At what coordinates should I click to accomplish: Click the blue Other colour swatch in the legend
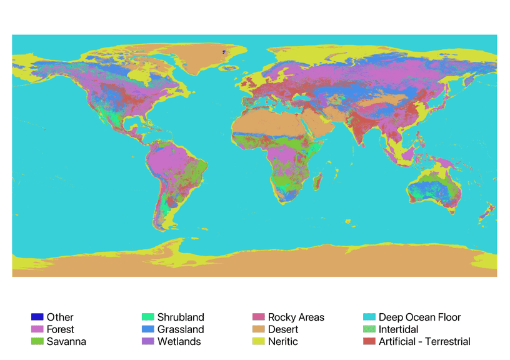point(37,317)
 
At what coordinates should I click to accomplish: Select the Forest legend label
point(60,329)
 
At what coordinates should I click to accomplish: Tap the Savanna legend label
point(66,341)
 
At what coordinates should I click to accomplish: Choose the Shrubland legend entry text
point(181,317)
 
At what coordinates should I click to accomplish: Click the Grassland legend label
point(181,329)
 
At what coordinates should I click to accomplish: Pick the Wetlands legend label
point(179,341)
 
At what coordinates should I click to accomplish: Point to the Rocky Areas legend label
point(296,317)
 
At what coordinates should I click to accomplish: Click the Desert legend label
point(283,329)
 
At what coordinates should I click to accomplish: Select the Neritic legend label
point(283,341)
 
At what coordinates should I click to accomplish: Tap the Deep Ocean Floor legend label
point(419,317)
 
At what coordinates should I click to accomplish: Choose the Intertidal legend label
point(398,329)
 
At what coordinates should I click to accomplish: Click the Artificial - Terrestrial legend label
point(424,341)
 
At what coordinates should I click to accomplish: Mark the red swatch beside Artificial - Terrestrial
point(369,341)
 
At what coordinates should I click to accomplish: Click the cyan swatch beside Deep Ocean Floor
point(369,317)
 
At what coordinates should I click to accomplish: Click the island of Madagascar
point(317,181)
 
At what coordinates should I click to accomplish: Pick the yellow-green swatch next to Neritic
point(258,341)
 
